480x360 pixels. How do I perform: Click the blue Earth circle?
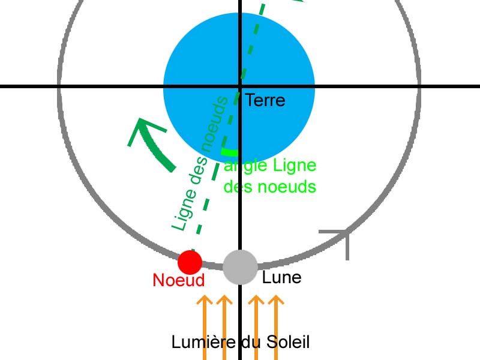pos(198,60)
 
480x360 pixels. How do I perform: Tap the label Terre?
pos(265,100)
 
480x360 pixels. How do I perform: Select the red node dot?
pos(190,262)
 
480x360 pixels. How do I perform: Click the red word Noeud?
pos(179,280)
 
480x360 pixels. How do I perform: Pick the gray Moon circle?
pos(240,267)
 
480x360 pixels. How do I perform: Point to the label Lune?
pos(281,277)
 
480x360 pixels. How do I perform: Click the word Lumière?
pos(200,343)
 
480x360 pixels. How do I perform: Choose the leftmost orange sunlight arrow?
pos(205,324)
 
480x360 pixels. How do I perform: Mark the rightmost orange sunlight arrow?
pos(275,324)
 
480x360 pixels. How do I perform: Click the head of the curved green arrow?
pos(142,128)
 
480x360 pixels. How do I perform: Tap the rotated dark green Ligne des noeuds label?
pos(200,165)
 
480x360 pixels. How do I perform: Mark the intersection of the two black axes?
pos(239,87)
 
